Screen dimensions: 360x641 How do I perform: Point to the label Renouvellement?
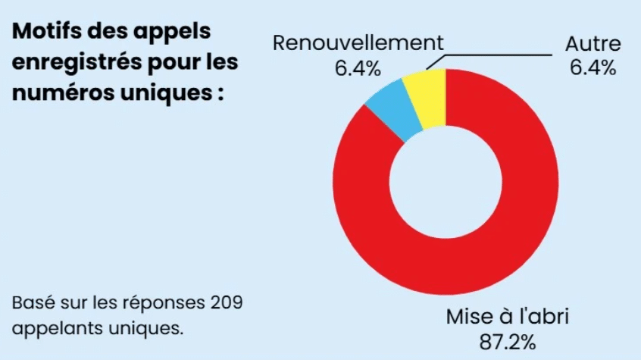pos(358,43)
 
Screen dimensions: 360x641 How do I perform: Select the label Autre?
pos(593,43)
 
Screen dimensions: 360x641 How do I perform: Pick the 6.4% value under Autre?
pos(593,68)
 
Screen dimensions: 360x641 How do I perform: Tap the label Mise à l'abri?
pos(508,316)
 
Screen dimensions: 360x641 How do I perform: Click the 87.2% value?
pos(508,341)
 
